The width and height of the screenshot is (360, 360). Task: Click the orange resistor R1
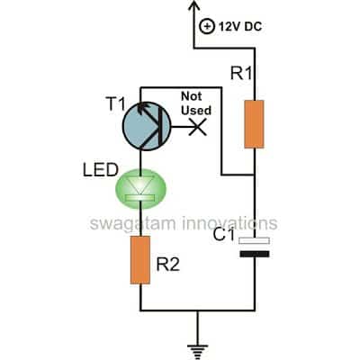click(256, 123)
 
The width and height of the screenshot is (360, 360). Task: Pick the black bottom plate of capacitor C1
click(256, 255)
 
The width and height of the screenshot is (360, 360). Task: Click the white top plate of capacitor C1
click(256, 239)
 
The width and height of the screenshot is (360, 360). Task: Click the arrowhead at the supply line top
click(192, 8)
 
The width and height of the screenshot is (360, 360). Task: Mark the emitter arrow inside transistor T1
click(129, 112)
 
